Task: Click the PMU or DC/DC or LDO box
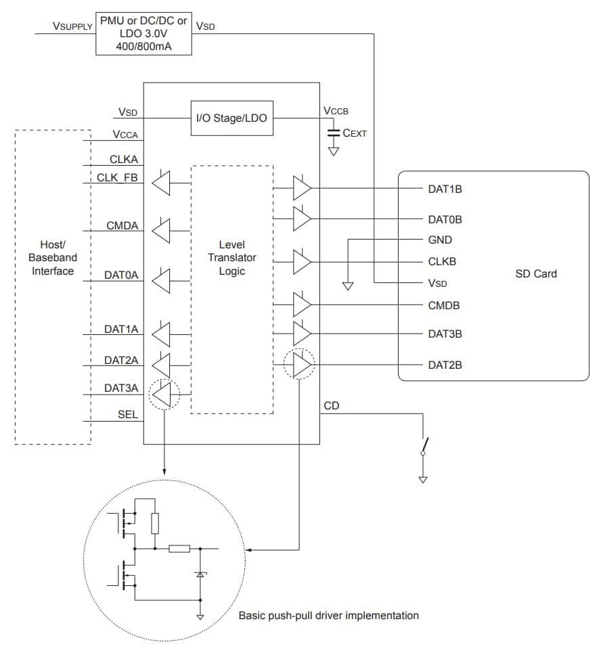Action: [x=143, y=32]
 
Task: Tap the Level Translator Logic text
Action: [x=231, y=258]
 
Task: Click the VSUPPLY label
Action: [x=72, y=26]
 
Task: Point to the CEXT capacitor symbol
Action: [x=333, y=133]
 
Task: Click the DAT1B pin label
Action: [x=445, y=189]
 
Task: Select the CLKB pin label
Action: [x=443, y=261]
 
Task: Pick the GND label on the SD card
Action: [x=440, y=240]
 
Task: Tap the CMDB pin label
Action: [x=443, y=305]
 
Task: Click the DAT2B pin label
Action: [x=445, y=365]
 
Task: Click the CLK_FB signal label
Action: [x=118, y=179]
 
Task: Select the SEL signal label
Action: [x=128, y=414]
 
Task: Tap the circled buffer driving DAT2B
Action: [x=300, y=365]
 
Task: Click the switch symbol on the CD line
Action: [x=424, y=446]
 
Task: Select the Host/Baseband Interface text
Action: [x=53, y=258]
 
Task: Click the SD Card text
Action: [x=536, y=273]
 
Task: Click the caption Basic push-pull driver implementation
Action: [x=328, y=616]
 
